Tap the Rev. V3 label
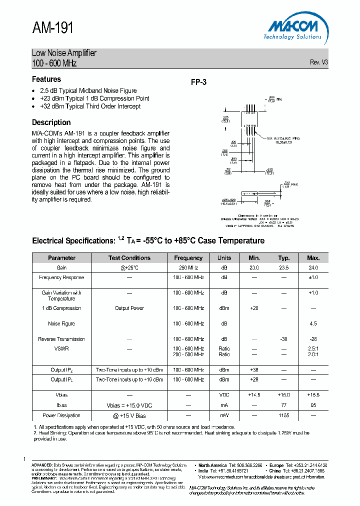318,62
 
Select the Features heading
46,79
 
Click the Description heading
51,122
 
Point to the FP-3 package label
198,83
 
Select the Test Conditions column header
129,258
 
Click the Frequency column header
188,258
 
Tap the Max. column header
313,258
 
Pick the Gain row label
61,268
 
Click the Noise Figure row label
61,324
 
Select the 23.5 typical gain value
284,268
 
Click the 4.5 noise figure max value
313,324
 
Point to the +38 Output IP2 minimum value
254,370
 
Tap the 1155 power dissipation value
284,415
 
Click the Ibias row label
61,405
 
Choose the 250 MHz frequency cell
188,268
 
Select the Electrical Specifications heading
148,241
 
